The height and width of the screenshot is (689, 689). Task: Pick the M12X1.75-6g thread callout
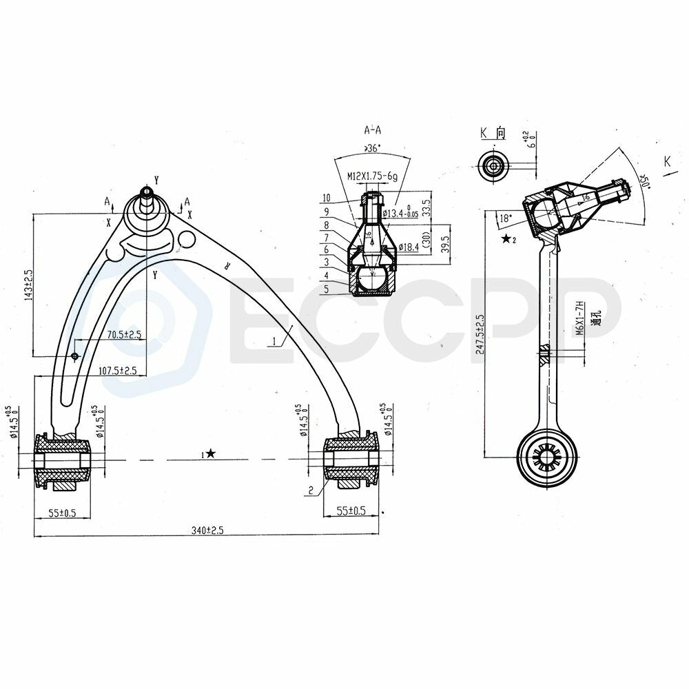pos(371,177)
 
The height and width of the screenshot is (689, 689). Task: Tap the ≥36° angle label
pos(373,147)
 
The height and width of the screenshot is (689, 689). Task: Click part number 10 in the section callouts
pos(326,198)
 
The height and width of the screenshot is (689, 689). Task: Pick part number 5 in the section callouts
pos(326,289)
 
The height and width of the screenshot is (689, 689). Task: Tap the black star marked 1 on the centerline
pos(209,453)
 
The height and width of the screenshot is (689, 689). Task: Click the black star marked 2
pos(508,239)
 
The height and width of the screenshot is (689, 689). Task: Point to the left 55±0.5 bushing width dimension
pos(62,513)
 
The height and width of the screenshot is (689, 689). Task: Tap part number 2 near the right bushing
pos(311,491)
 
